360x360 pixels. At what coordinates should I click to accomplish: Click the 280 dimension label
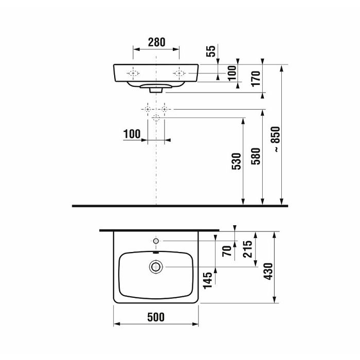tap(156, 42)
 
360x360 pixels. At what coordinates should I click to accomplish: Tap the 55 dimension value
tap(211, 51)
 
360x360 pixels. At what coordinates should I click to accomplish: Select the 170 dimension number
tap(256, 79)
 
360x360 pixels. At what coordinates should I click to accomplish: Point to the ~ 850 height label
tap(276, 139)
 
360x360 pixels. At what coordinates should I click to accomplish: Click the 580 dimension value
tap(256, 156)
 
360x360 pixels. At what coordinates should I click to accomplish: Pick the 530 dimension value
tap(237, 161)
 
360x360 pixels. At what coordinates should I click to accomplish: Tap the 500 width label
tap(156, 317)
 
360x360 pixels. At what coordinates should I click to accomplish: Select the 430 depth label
tap(268, 272)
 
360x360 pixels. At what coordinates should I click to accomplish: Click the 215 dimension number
tap(248, 249)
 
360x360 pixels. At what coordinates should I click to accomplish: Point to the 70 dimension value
tap(227, 251)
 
